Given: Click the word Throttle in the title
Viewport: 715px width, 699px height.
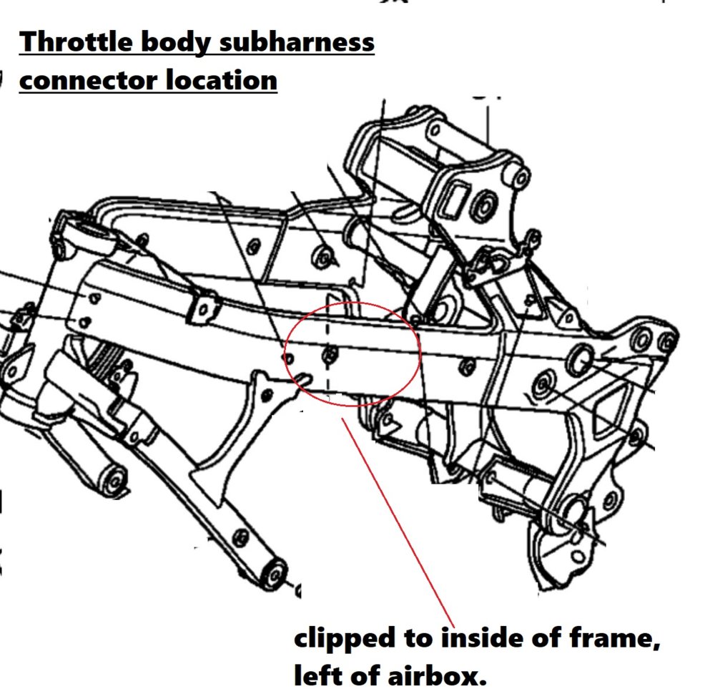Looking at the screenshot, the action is click(77, 42).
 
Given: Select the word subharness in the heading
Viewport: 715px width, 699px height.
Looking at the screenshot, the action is click(297, 42).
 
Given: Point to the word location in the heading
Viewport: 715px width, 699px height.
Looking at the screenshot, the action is click(221, 80).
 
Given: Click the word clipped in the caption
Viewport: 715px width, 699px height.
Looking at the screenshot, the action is click(345, 639).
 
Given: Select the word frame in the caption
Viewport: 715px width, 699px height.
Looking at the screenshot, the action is click(615, 638).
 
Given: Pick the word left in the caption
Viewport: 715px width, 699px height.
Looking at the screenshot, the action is click(315, 675).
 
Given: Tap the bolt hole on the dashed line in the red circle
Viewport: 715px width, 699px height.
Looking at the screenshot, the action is click(330, 355).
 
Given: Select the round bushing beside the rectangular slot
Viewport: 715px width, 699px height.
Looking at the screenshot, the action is click(484, 205).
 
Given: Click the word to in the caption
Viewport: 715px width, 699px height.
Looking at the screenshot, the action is click(418, 638).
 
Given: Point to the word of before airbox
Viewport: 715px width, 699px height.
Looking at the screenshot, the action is click(363, 675).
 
